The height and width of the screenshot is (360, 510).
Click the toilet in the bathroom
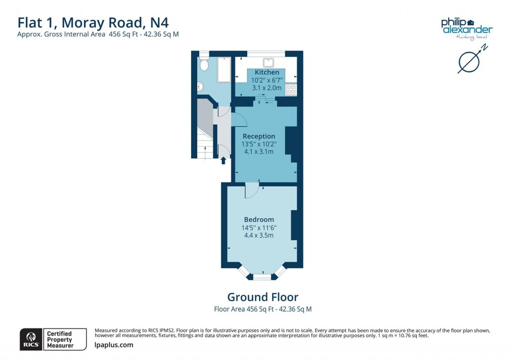click(x=203, y=65)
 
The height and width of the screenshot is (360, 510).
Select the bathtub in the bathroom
click(x=224, y=70)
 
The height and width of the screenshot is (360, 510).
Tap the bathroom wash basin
click(x=201, y=87)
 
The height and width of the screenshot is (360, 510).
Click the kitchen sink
click(x=269, y=62)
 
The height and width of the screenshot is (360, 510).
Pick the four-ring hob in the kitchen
click(x=291, y=90)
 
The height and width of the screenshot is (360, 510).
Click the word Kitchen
click(x=267, y=72)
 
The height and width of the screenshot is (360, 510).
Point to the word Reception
click(x=258, y=136)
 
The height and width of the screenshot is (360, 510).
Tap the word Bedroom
click(x=259, y=220)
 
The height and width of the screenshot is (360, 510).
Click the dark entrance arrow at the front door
click(x=223, y=160)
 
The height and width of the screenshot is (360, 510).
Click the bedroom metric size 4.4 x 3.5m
click(x=259, y=236)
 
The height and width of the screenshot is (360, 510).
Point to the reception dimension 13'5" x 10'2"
click(x=259, y=144)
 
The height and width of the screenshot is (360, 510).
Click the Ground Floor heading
click(x=262, y=297)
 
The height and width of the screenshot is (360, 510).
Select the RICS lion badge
click(x=29, y=338)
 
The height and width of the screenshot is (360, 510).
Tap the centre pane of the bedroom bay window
click(x=263, y=276)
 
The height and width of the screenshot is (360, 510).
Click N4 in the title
click(x=162, y=22)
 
